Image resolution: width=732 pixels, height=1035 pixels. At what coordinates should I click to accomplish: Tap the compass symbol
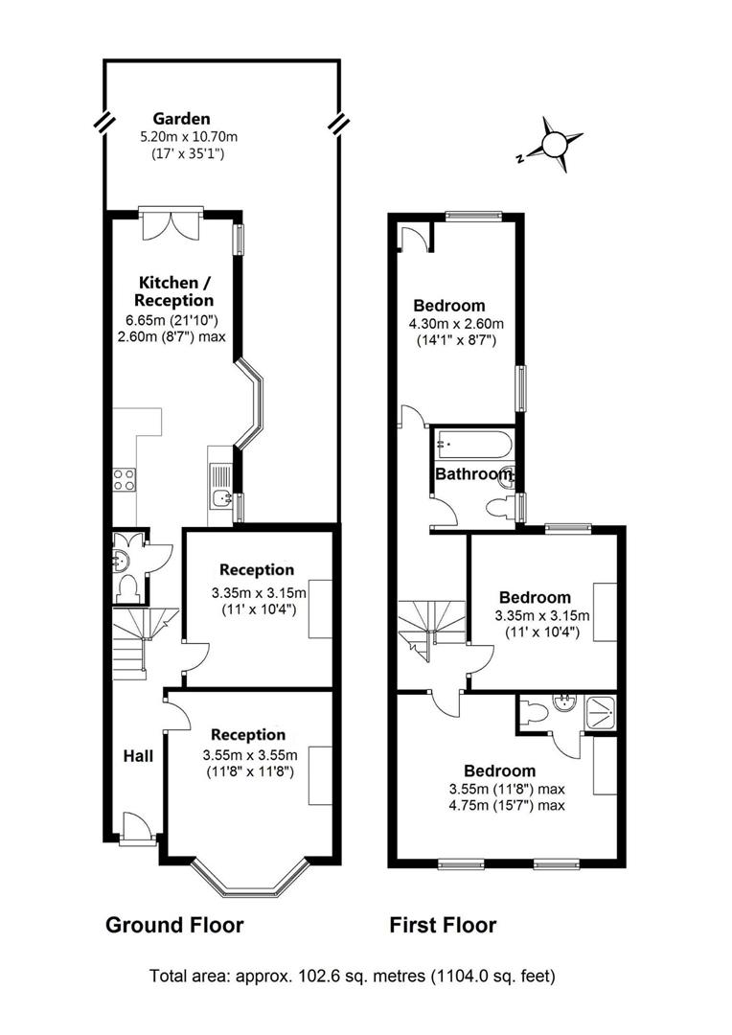553,145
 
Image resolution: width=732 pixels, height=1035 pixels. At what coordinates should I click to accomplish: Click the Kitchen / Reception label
176,291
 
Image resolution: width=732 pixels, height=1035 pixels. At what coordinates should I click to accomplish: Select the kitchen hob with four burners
125,479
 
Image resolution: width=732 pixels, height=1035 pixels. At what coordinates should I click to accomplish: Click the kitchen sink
220,487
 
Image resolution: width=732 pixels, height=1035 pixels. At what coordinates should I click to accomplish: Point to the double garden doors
171,224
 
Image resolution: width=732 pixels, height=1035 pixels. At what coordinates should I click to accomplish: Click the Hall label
138,756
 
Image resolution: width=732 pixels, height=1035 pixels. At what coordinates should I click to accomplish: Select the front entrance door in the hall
136,826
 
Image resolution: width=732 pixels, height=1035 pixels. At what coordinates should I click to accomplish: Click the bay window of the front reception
250,877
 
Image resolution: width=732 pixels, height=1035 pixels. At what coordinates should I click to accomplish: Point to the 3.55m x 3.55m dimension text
249,754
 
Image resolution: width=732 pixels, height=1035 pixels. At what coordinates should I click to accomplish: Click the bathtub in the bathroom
473,445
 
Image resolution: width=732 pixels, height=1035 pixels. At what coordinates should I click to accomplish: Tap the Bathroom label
473,474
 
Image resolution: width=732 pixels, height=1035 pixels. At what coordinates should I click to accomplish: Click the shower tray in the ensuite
600,711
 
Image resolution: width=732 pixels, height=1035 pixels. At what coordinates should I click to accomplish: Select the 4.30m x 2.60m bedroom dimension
455,323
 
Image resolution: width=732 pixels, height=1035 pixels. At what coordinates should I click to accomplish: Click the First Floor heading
443,925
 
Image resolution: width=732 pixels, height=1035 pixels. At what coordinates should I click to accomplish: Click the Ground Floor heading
174,925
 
